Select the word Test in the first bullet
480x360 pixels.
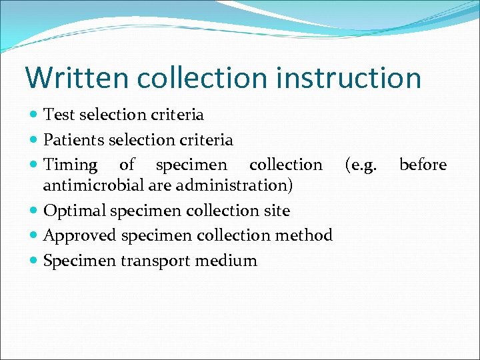(x=59, y=115)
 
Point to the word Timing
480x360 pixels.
(x=70, y=165)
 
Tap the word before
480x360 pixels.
(x=423, y=165)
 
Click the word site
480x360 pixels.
(x=277, y=211)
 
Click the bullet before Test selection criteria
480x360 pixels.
(x=35, y=115)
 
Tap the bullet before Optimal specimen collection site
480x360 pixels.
(x=35, y=211)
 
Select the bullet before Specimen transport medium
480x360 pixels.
(x=35, y=261)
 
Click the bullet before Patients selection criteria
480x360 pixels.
(x=35, y=140)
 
